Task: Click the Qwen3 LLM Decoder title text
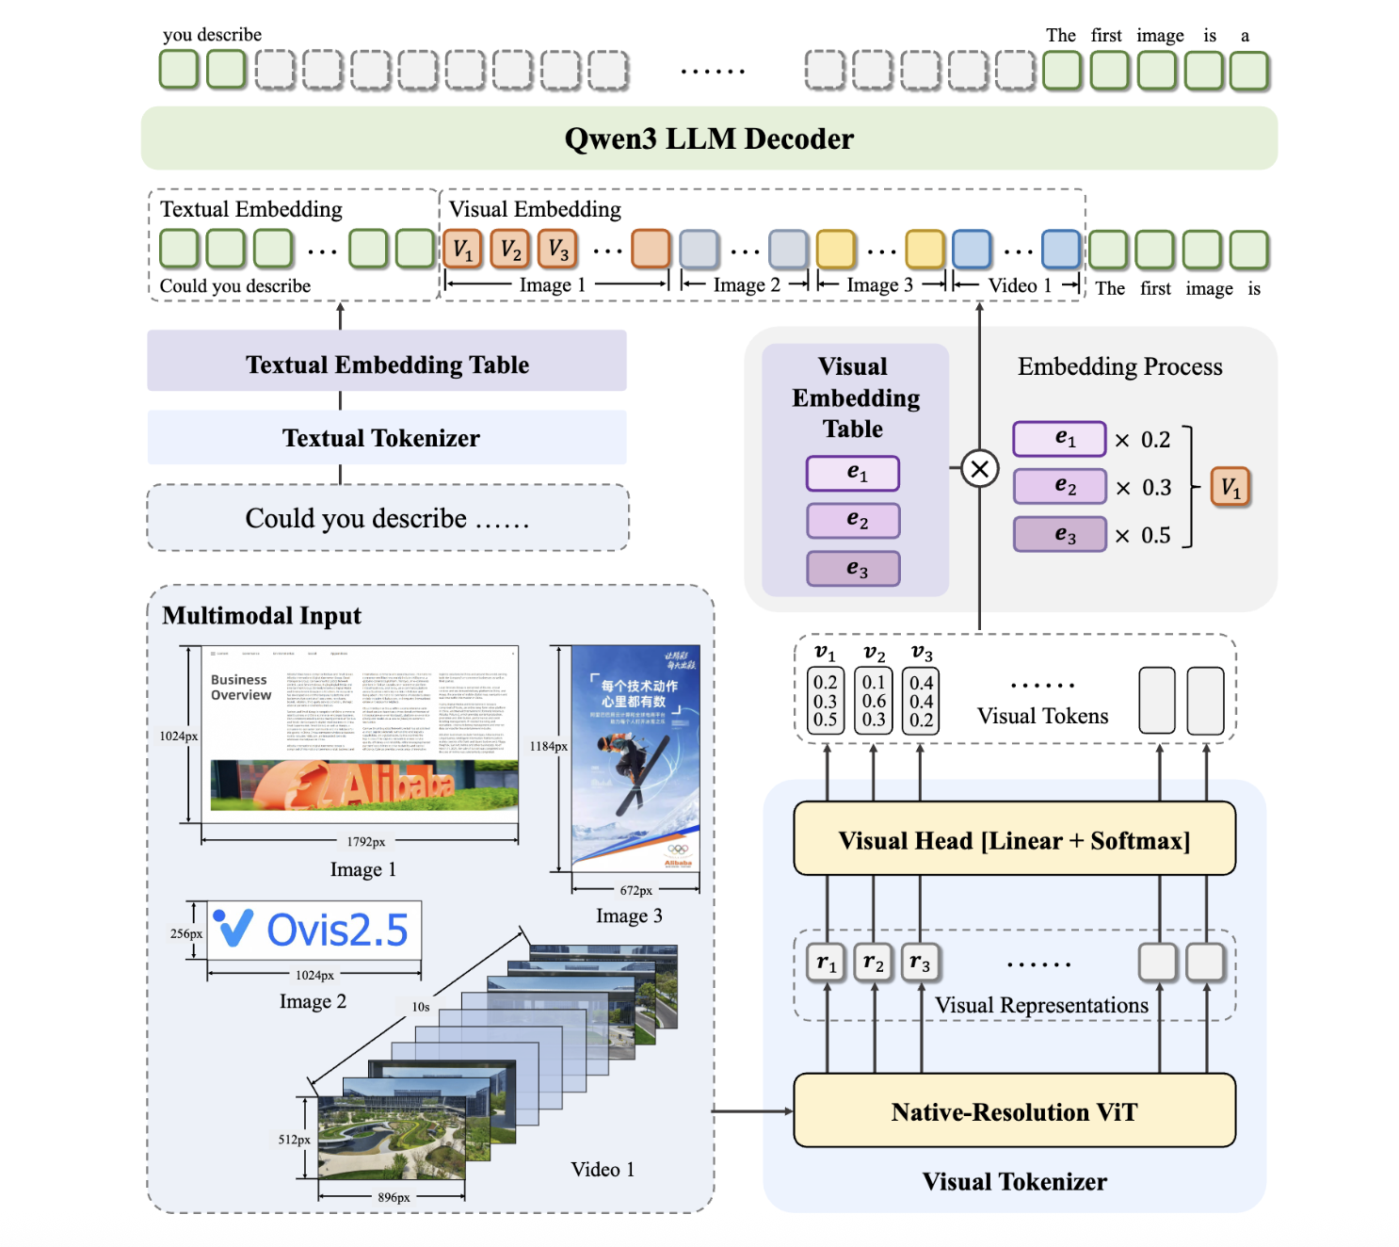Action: (708, 138)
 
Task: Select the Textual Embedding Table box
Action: (386, 364)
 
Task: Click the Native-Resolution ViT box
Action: (1014, 1111)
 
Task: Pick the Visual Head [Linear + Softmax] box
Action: (1014, 840)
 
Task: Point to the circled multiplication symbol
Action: (979, 468)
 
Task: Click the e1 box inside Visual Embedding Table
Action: (853, 473)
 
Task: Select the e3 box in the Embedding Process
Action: (1059, 535)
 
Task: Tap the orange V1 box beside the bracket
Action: (1230, 487)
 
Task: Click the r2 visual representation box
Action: (873, 963)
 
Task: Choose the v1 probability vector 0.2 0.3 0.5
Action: (826, 701)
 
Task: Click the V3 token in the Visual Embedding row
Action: (557, 250)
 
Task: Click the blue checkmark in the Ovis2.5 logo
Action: (233, 928)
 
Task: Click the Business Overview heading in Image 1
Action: (241, 688)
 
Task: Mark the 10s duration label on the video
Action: (421, 1007)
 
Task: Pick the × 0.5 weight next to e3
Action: (1143, 536)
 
